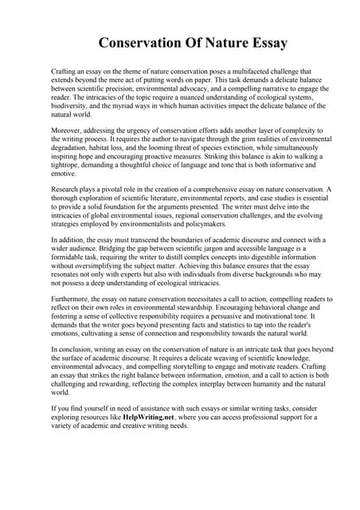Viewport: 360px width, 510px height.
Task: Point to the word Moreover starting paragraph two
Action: click(x=66, y=129)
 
